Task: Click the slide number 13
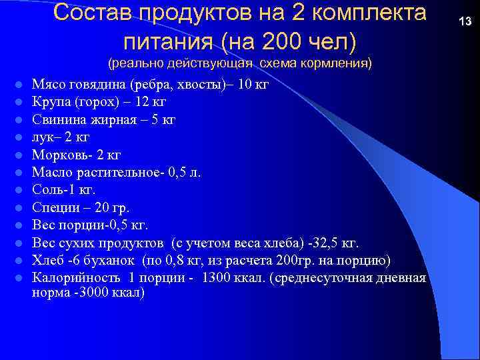[465, 22]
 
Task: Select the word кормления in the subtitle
[339, 64]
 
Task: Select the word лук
[42, 137]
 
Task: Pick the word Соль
[47, 189]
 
